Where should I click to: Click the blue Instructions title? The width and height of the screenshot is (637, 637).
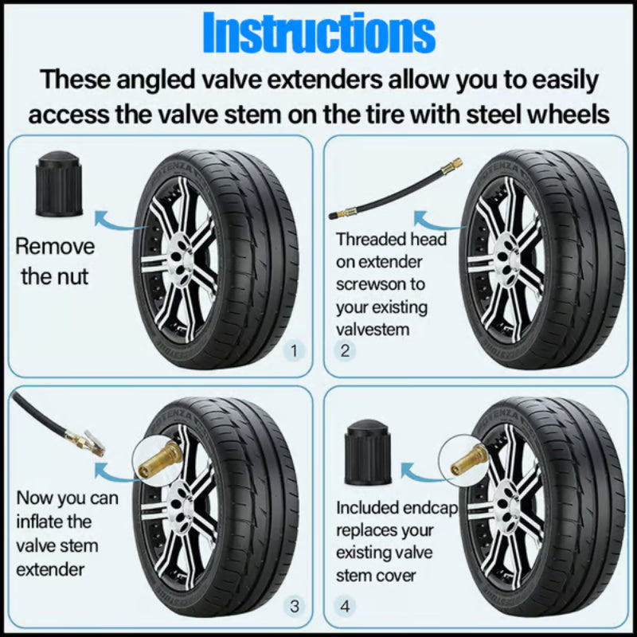[x=318, y=33]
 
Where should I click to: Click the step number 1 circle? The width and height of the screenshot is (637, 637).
[x=294, y=350]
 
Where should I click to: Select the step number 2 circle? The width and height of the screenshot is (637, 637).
[x=345, y=350]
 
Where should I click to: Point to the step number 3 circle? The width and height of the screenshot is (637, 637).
[x=294, y=607]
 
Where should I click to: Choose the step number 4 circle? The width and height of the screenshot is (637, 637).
[x=345, y=607]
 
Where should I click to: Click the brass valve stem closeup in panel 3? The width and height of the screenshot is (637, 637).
[x=158, y=461]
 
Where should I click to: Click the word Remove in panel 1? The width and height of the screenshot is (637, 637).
[x=55, y=246]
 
